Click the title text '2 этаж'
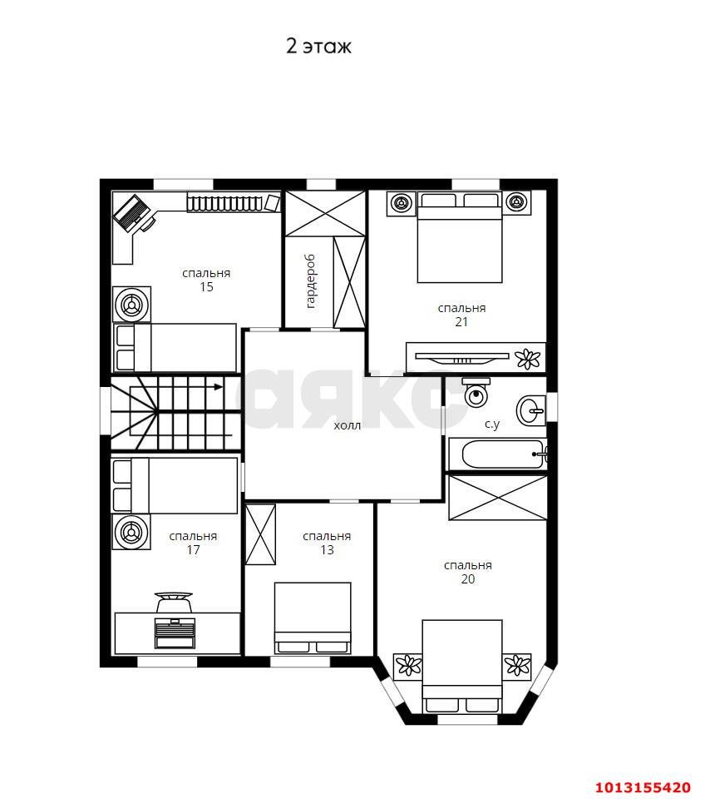click(318, 47)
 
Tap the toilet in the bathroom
click(476, 391)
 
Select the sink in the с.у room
click(531, 409)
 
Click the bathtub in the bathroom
click(505, 454)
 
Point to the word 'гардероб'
click(311, 281)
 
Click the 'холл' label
click(348, 425)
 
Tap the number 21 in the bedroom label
click(461, 322)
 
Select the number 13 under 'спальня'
click(327, 550)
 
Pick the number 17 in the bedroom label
click(193, 550)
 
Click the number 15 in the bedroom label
click(206, 287)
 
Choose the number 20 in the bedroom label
click(468, 579)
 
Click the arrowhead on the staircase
click(219, 387)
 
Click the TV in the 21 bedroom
click(462, 358)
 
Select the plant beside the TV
click(528, 359)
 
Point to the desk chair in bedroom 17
click(174, 601)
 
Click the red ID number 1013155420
click(643, 787)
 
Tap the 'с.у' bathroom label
click(492, 424)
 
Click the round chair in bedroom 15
click(132, 305)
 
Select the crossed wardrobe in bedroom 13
click(260, 534)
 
